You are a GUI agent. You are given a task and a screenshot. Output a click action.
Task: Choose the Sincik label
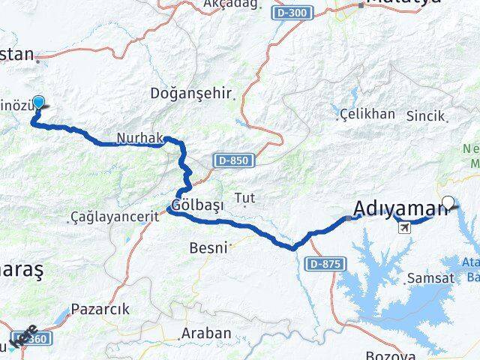[x=424, y=116]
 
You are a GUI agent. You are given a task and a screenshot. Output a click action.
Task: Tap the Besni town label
[x=208, y=247]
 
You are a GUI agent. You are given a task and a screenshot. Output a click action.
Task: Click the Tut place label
[x=245, y=198]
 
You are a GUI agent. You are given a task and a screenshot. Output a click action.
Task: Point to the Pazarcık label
[x=100, y=309]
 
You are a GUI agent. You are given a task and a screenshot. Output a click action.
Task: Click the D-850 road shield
[x=233, y=160]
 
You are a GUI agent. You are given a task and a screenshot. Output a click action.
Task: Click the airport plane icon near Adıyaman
[x=406, y=226]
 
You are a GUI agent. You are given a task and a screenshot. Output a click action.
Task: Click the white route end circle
[x=448, y=201]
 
